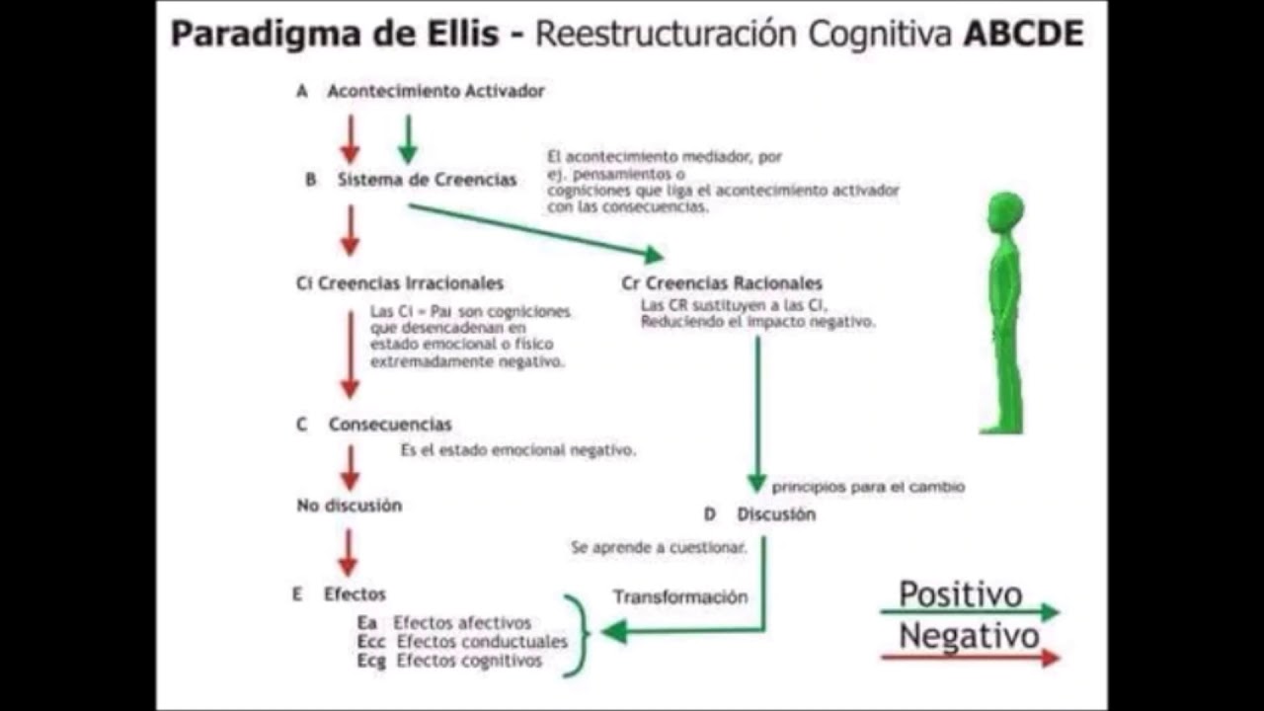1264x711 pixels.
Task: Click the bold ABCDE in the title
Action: pyautogui.click(x=1023, y=34)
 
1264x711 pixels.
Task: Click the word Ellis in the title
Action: pyautogui.click(x=459, y=34)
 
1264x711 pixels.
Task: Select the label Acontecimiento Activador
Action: pyautogui.click(x=435, y=91)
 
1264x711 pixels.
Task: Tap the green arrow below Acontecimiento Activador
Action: pyautogui.click(x=408, y=139)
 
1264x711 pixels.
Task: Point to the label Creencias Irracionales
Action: pyautogui.click(x=410, y=283)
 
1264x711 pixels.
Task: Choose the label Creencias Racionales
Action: pyautogui.click(x=732, y=283)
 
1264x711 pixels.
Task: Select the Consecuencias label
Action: pyautogui.click(x=390, y=425)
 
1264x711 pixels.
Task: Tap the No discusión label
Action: pyautogui.click(x=350, y=506)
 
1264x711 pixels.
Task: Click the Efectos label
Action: pyautogui.click(x=355, y=594)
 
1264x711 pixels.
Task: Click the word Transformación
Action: pyautogui.click(x=680, y=597)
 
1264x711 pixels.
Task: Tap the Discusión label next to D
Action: pyautogui.click(x=776, y=514)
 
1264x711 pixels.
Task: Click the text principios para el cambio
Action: pyautogui.click(x=868, y=487)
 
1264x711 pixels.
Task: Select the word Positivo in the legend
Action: pyautogui.click(x=960, y=594)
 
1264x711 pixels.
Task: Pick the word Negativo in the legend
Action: pyautogui.click(x=968, y=637)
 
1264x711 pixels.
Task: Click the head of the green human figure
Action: pyautogui.click(x=1006, y=212)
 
